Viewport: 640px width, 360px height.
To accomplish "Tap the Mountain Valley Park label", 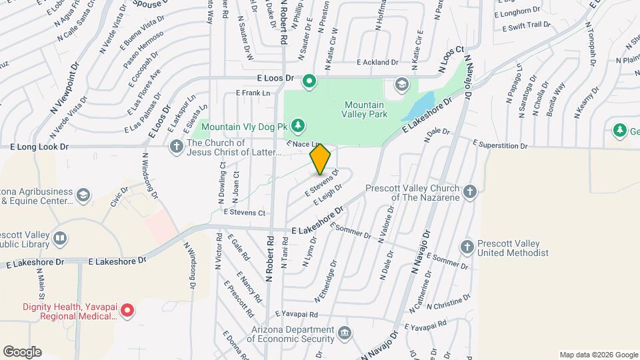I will click(364, 111).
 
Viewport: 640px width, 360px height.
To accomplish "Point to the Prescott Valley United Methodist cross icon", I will click(467, 247).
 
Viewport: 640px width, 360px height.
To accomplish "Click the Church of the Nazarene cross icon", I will click(470, 192).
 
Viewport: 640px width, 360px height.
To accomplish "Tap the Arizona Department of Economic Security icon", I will click(345, 333).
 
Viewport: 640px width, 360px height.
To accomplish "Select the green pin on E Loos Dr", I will click(309, 82).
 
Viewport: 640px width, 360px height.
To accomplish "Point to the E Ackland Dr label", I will click(377, 62).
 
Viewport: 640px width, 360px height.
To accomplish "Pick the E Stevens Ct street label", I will click(245, 213).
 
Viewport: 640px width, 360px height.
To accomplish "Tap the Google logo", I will click(22, 351).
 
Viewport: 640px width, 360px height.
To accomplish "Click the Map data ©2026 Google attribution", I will click(598, 355).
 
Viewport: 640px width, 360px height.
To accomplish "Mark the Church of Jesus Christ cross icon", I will click(177, 147).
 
